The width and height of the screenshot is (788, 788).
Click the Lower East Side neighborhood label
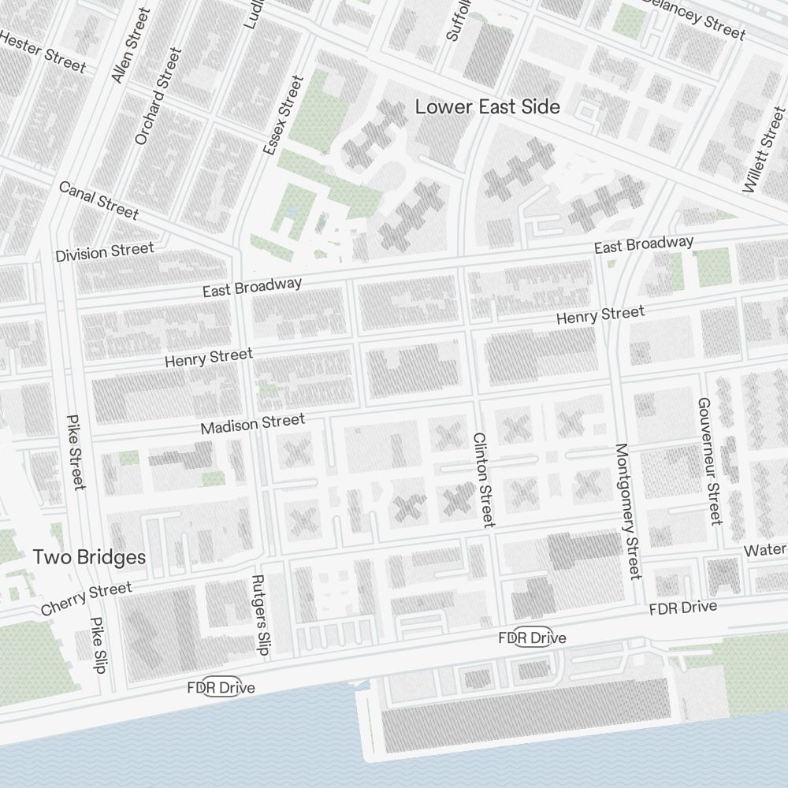pyautogui.click(x=488, y=106)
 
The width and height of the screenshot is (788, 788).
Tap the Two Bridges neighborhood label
pyautogui.click(x=89, y=557)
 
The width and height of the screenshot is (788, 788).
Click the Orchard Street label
pyautogui.click(x=158, y=96)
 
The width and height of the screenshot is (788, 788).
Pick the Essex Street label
pyautogui.click(x=283, y=114)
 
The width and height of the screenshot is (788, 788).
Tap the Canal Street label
pyautogui.click(x=98, y=200)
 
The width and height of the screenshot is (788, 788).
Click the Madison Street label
pyautogui.click(x=252, y=425)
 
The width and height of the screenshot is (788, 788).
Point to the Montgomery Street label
pyautogui.click(x=628, y=511)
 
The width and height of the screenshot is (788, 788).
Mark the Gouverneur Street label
pyautogui.click(x=709, y=460)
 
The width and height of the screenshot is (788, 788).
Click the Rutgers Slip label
pyautogui.click(x=260, y=615)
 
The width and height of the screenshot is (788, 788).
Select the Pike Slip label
pyautogui.click(x=98, y=645)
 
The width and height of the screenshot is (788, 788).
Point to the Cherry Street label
pyautogui.click(x=87, y=599)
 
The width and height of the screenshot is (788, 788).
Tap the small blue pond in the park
pyautogui.click(x=292, y=211)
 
